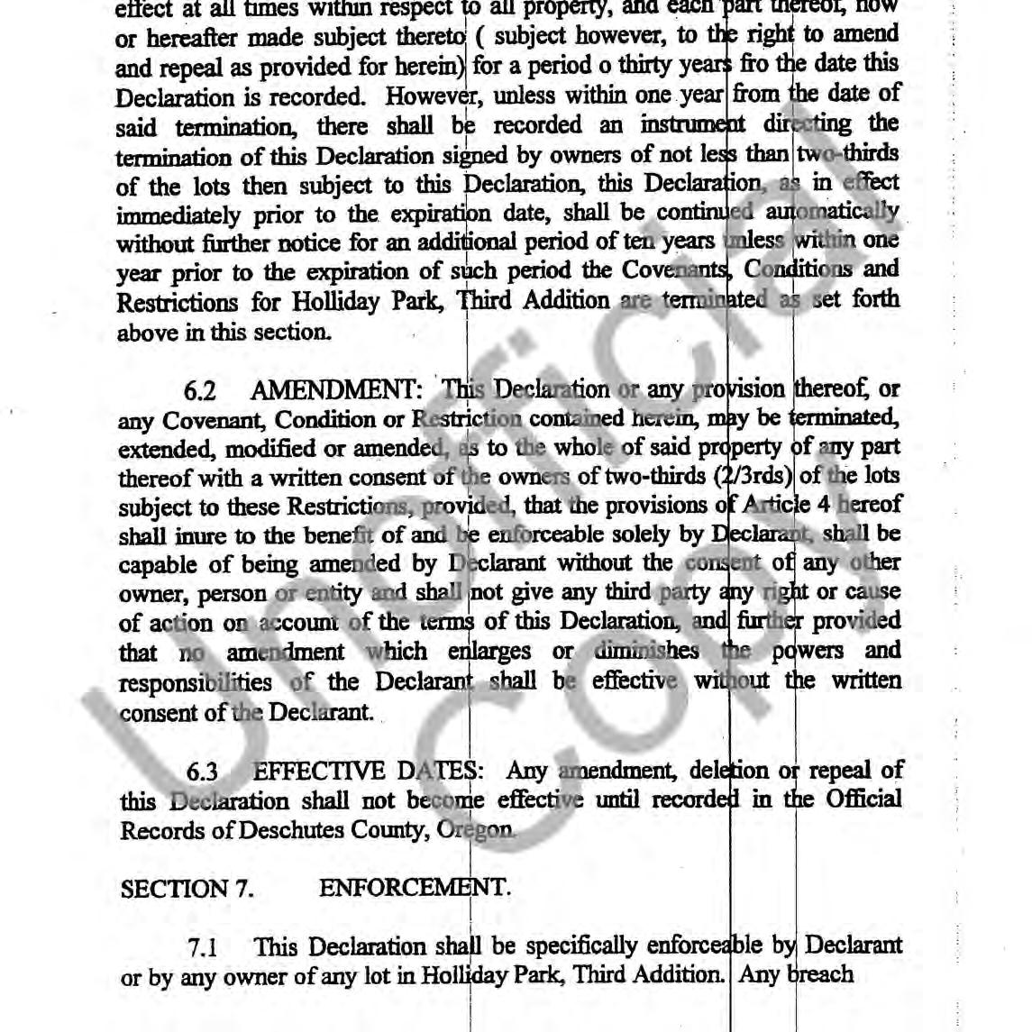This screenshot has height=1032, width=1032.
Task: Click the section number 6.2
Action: pyautogui.click(x=200, y=391)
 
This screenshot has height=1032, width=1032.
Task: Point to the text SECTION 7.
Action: pyautogui.click(x=187, y=889)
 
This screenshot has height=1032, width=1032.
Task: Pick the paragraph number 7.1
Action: pyautogui.click(x=203, y=947)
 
